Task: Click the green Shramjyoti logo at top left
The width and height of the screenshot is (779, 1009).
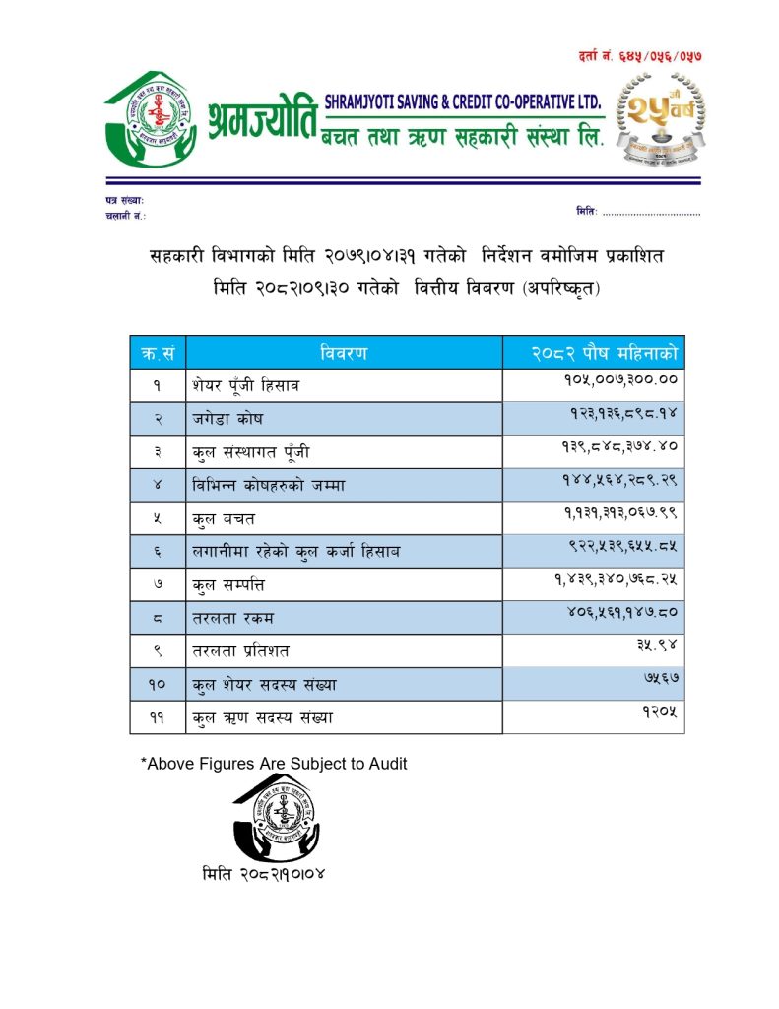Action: coord(150,121)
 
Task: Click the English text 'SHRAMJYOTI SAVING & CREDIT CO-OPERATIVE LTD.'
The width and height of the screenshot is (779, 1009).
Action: coord(462,101)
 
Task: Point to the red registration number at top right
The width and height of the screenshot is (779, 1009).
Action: coord(641,57)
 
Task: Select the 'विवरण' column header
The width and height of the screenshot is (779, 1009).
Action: coord(344,353)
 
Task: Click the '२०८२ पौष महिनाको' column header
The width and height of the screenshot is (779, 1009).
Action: coord(593,353)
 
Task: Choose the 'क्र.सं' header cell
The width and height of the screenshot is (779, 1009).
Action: coord(158,353)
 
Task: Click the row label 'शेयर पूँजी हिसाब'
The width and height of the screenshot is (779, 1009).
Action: coord(245,386)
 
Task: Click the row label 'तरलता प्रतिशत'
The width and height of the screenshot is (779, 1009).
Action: coord(242,651)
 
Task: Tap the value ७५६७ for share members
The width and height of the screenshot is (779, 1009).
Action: coord(659,679)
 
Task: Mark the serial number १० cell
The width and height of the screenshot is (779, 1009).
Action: coord(158,685)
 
